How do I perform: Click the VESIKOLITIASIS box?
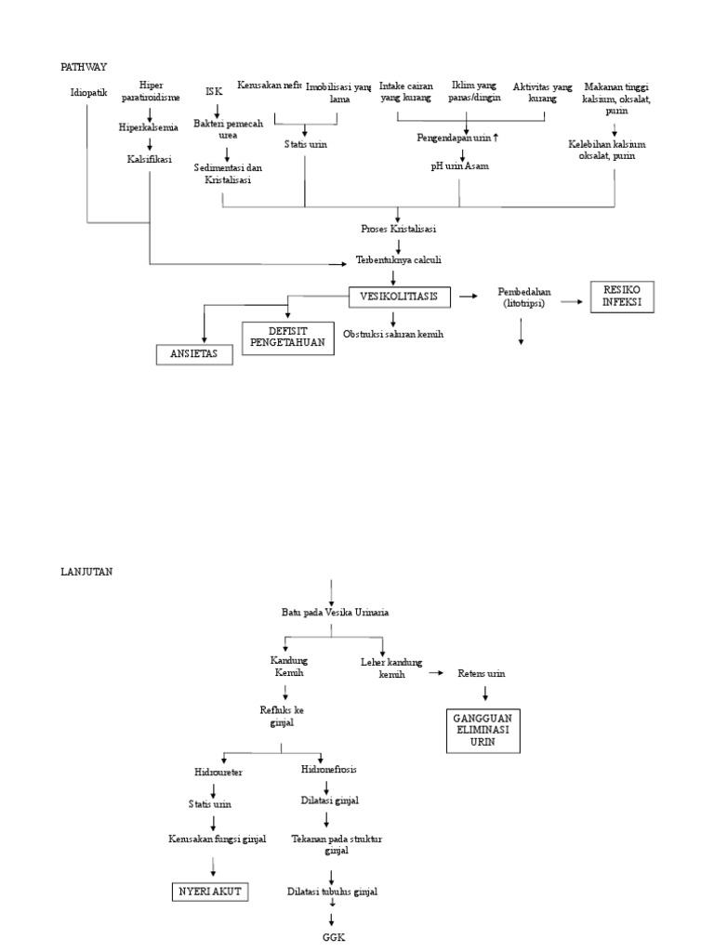tap(399, 297)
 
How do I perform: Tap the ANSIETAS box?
tap(193, 354)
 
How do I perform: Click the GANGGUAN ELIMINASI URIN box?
tap(481, 730)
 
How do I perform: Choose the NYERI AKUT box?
tap(209, 892)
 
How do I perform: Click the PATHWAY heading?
tap(84, 67)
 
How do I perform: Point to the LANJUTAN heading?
tap(86, 572)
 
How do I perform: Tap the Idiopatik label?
tap(88, 92)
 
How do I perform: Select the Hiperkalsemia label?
tap(148, 127)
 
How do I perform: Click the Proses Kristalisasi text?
tap(399, 228)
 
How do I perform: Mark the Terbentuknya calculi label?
tap(399, 260)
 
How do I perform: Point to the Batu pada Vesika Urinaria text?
tap(335, 612)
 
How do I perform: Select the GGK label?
tap(332, 937)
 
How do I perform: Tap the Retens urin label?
tap(482, 673)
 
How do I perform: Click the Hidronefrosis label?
tap(328, 770)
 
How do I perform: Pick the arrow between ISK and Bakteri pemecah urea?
tap(215, 109)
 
